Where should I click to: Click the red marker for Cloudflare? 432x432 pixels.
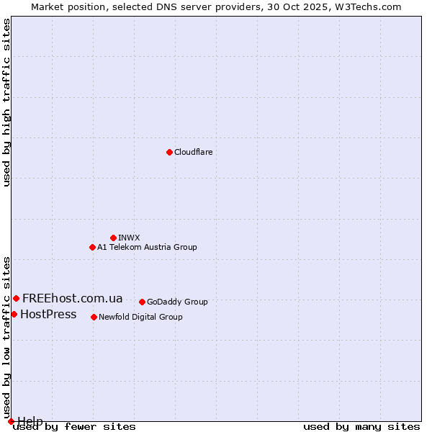[169, 152]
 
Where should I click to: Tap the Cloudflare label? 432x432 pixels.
[193, 152]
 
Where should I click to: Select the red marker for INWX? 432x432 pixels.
[113, 238]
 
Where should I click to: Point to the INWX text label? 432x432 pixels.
[129, 238]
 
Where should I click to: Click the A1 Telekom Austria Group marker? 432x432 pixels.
[92, 247]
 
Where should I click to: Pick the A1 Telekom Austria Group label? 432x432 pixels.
[147, 247]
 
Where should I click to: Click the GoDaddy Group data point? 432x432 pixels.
[142, 302]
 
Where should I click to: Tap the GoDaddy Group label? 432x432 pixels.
[177, 302]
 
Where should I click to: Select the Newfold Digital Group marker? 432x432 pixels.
[94, 317]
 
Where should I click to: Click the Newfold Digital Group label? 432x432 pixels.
[140, 317]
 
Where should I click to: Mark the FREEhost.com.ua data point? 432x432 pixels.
[16, 298]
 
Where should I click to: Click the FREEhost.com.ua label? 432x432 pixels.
[72, 298]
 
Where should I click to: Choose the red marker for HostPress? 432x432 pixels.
[14, 314]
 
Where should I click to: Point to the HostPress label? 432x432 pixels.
[48, 314]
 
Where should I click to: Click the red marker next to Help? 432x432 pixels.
[11, 421]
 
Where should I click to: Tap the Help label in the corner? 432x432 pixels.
[30, 420]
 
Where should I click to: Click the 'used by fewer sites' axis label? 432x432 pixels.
[74, 426]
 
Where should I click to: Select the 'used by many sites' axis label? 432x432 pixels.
[361, 426]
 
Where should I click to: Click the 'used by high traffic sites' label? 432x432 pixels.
[6, 102]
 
